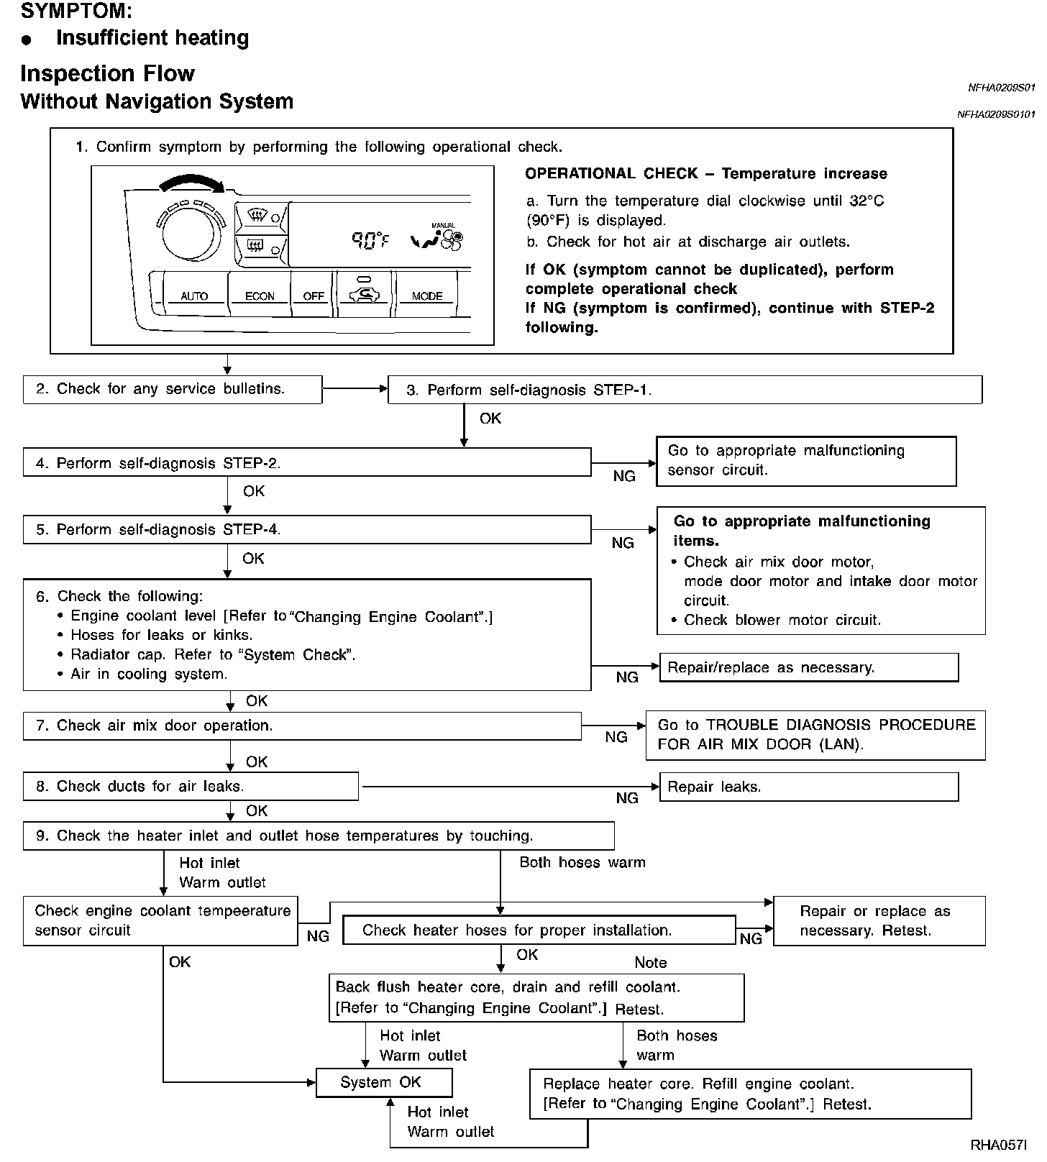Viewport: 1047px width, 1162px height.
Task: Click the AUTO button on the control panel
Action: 194,296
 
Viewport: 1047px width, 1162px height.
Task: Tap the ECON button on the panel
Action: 260,296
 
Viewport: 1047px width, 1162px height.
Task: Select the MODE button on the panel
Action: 426,296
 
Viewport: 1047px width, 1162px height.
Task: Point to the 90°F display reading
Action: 370,240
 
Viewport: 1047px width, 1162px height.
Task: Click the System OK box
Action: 384,1082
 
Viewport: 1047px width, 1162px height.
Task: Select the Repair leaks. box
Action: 808,787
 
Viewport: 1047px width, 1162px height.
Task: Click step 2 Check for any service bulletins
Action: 172,389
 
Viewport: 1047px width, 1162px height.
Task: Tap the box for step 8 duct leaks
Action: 191,787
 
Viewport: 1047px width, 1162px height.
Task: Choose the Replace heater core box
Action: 750,1094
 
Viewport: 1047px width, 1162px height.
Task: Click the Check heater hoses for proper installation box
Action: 539,930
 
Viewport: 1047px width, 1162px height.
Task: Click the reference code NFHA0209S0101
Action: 996,114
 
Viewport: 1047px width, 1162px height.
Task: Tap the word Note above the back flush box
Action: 650,962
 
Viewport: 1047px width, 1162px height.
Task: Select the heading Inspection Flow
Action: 108,73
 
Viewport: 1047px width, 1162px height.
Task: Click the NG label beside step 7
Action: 616,737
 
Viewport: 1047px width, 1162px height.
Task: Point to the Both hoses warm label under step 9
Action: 582,862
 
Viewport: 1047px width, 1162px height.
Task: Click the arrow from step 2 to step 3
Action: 355,389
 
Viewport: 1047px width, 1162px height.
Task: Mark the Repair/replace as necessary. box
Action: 808,667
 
